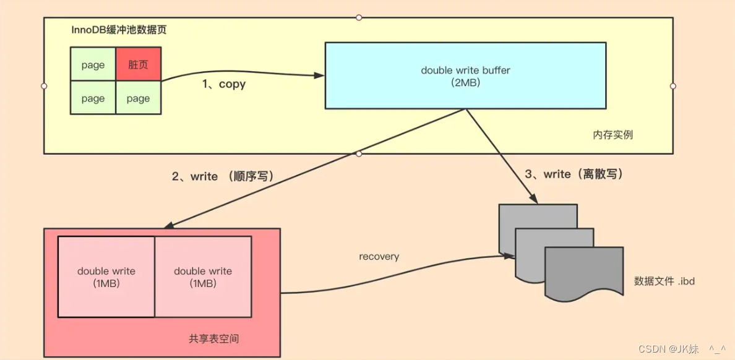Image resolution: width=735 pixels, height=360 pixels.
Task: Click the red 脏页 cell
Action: [138, 64]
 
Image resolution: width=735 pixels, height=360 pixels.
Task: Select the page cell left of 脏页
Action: [93, 64]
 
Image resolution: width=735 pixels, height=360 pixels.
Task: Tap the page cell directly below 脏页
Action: [138, 98]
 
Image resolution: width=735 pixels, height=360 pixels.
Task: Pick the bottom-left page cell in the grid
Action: [93, 98]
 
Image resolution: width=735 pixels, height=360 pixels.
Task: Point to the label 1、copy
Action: [223, 85]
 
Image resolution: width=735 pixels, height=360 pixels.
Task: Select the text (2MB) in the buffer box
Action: [465, 82]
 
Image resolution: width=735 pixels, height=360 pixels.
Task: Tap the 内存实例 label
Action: [612, 134]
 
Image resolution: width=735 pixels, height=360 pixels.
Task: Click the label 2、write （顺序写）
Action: [223, 176]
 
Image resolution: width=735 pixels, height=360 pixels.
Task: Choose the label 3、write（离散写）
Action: [574, 174]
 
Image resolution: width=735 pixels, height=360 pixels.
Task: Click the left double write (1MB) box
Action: [106, 276]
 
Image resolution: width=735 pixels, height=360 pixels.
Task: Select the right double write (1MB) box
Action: [203, 276]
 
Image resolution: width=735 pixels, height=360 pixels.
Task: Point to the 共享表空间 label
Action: [213, 338]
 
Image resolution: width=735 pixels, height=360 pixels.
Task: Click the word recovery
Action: [379, 256]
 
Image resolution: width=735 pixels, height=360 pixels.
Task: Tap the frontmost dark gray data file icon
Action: [583, 271]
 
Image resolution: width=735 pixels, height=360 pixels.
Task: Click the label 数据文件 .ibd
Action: [664, 281]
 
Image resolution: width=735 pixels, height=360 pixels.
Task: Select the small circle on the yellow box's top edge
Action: [359, 17]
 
